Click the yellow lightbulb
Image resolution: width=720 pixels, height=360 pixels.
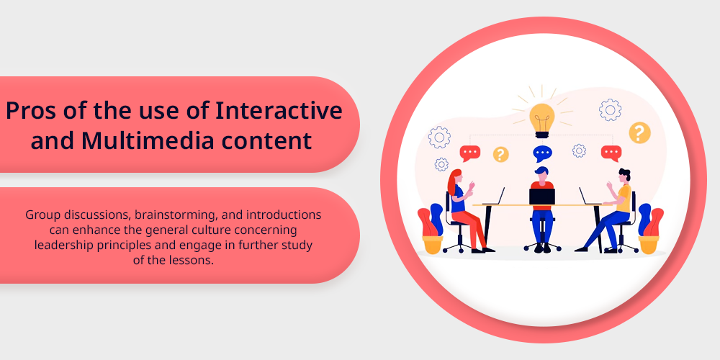(542, 120)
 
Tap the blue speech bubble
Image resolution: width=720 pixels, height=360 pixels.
(542, 153)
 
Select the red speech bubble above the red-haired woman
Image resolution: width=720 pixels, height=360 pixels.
(469, 153)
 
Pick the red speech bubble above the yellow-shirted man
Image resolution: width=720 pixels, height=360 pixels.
(611, 153)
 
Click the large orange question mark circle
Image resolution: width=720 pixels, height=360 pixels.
(639, 132)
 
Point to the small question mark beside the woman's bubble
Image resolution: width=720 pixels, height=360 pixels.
(500, 154)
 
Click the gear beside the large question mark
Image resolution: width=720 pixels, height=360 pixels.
(610, 110)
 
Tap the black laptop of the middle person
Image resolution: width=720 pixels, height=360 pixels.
(542, 197)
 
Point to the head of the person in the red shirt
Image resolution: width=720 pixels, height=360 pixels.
(542, 174)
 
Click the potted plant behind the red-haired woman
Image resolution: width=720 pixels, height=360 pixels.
(431, 229)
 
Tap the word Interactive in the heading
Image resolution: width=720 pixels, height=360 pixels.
(279, 111)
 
